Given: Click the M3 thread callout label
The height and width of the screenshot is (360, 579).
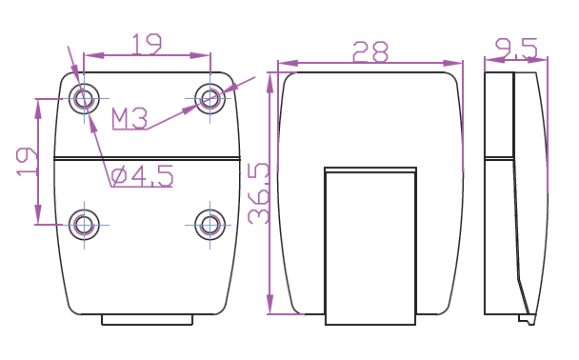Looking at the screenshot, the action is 130,118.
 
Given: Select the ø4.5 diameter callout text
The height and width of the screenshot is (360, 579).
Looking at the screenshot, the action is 142,175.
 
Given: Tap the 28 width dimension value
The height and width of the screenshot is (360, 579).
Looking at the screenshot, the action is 370,51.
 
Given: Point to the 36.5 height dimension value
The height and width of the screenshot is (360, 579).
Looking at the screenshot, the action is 259,193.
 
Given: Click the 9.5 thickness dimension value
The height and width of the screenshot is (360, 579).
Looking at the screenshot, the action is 516,49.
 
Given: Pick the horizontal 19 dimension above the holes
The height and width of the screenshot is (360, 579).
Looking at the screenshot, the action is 147,45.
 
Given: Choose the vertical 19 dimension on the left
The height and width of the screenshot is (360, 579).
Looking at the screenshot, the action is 27,162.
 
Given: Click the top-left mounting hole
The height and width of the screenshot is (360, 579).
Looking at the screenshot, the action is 84,99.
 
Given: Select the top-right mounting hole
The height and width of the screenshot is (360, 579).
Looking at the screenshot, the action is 210,99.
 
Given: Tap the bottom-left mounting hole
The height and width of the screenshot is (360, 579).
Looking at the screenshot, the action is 84,225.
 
